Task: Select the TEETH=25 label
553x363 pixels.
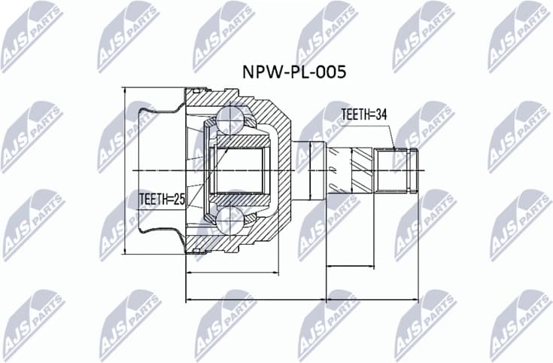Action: point(162,200)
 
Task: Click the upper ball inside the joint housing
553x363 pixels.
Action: point(230,117)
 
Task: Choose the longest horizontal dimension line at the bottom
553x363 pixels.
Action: point(301,300)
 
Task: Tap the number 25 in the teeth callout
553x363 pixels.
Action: point(178,200)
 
